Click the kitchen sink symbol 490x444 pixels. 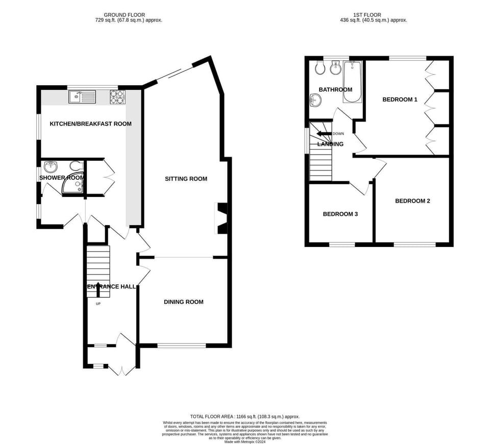pyautogui.click(x=81, y=96)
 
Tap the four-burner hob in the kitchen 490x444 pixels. pyautogui.click(x=117, y=96)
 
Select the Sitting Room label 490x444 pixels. pyautogui.click(x=186, y=179)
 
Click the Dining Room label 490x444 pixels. pyautogui.click(x=183, y=302)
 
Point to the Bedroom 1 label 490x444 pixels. pyautogui.click(x=400, y=100)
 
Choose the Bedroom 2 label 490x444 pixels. pyautogui.click(x=412, y=201)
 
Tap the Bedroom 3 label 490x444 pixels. pyautogui.click(x=340, y=214)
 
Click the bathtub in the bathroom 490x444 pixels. pyautogui.click(x=352, y=82)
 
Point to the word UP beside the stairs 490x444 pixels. pyautogui.click(x=98, y=304)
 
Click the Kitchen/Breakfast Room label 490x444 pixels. pyautogui.click(x=90, y=124)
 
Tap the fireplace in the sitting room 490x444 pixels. pyautogui.click(x=222, y=218)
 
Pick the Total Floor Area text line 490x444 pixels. pyautogui.click(x=244, y=417)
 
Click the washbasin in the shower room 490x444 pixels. pyautogui.click(x=51, y=167)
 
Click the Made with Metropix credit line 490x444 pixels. pyautogui.click(x=244, y=441)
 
